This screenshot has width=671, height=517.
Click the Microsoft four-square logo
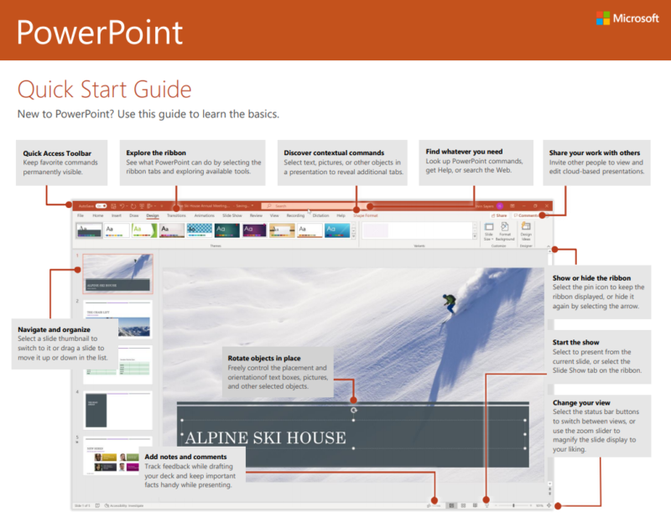[604, 18]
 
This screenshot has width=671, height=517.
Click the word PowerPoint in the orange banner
[100, 33]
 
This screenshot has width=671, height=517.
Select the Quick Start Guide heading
[104, 89]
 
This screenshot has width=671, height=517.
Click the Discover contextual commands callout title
[334, 153]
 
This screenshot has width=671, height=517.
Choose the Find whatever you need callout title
[464, 152]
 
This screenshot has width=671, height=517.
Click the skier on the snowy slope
[450, 302]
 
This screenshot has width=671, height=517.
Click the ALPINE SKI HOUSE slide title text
[264, 437]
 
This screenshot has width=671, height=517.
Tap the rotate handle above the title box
[353, 410]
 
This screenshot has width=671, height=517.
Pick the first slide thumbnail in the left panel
[117, 273]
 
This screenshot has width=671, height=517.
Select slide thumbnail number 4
[117, 411]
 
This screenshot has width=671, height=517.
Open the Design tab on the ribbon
[152, 215]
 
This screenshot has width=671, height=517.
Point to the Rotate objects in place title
[267, 358]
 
